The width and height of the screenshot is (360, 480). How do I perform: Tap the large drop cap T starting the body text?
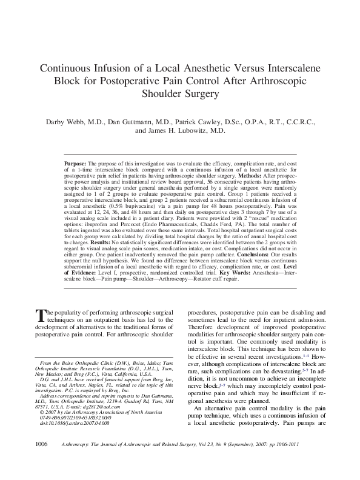click(41, 314)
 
